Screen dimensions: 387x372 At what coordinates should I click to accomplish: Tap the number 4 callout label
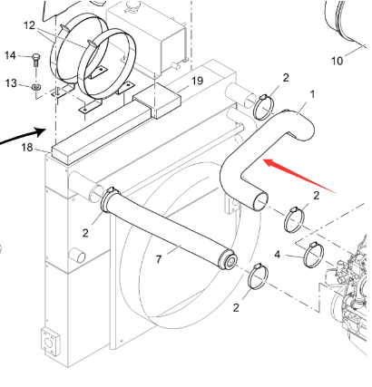click(x=278, y=255)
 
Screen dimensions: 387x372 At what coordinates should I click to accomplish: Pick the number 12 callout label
click(x=29, y=24)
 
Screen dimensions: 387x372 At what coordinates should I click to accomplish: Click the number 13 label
click(x=11, y=83)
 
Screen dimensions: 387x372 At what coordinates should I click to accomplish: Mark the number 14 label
click(x=11, y=56)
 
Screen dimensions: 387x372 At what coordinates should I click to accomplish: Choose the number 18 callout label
click(x=27, y=147)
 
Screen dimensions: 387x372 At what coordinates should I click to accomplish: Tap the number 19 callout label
click(x=196, y=81)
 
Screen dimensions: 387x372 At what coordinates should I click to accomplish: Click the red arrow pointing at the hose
click(x=299, y=177)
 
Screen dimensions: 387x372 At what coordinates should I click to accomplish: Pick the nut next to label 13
click(x=34, y=86)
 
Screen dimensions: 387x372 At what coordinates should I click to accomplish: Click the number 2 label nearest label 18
click(x=85, y=233)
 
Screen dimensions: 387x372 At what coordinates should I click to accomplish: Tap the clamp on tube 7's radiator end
click(x=110, y=194)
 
